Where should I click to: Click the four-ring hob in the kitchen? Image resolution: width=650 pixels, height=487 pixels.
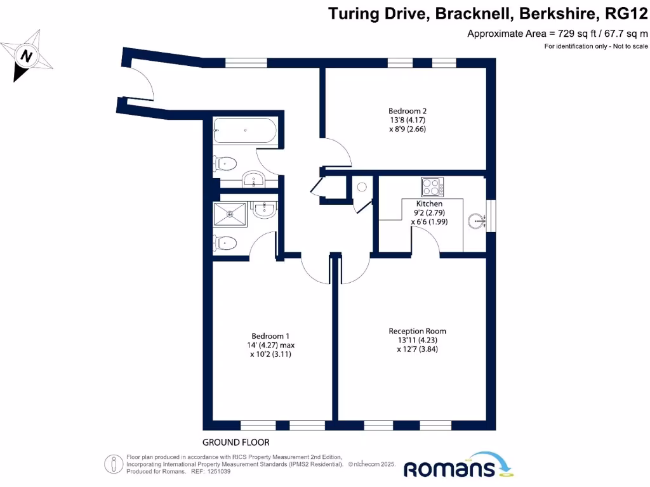[x=432, y=187]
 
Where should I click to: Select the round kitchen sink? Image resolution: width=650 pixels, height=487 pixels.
[x=476, y=220]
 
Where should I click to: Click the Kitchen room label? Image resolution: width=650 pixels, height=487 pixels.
[x=425, y=204]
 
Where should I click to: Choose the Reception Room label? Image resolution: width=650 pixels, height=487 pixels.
[x=417, y=331]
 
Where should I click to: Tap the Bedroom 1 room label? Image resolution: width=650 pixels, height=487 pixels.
[x=270, y=336]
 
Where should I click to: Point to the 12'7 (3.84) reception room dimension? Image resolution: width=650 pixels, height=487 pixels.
[x=418, y=349]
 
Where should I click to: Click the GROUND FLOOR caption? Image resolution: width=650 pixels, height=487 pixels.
[x=235, y=442]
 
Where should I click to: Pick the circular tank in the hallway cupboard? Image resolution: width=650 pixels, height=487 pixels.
[x=362, y=187]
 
